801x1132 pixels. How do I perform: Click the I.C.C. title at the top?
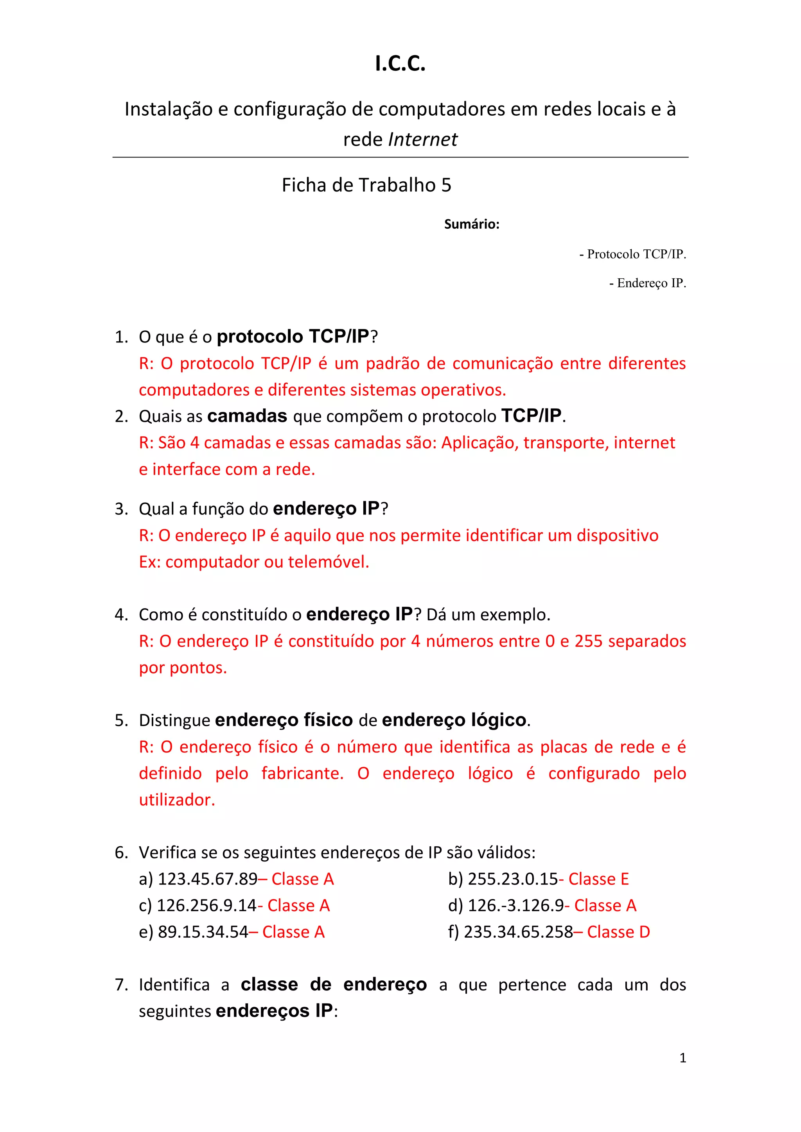(x=400, y=64)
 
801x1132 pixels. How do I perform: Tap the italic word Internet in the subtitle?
(x=423, y=140)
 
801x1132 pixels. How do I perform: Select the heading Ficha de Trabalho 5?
(x=366, y=185)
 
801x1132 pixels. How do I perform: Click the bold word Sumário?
(x=472, y=224)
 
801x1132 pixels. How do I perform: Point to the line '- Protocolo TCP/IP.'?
(x=632, y=254)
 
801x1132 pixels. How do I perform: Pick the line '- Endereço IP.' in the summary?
(x=647, y=283)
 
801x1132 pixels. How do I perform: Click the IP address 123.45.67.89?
(x=208, y=879)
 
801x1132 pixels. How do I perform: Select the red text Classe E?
(x=598, y=879)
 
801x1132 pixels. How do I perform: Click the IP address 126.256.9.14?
(x=207, y=906)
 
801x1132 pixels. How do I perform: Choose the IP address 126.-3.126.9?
(x=516, y=906)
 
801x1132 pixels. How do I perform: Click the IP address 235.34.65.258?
(x=518, y=932)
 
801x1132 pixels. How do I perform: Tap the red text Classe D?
(x=618, y=932)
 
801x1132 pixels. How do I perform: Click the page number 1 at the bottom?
(x=682, y=1058)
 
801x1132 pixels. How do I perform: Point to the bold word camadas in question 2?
(x=247, y=416)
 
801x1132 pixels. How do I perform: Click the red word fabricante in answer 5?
(x=302, y=773)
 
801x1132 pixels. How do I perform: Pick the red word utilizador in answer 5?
(x=176, y=800)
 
